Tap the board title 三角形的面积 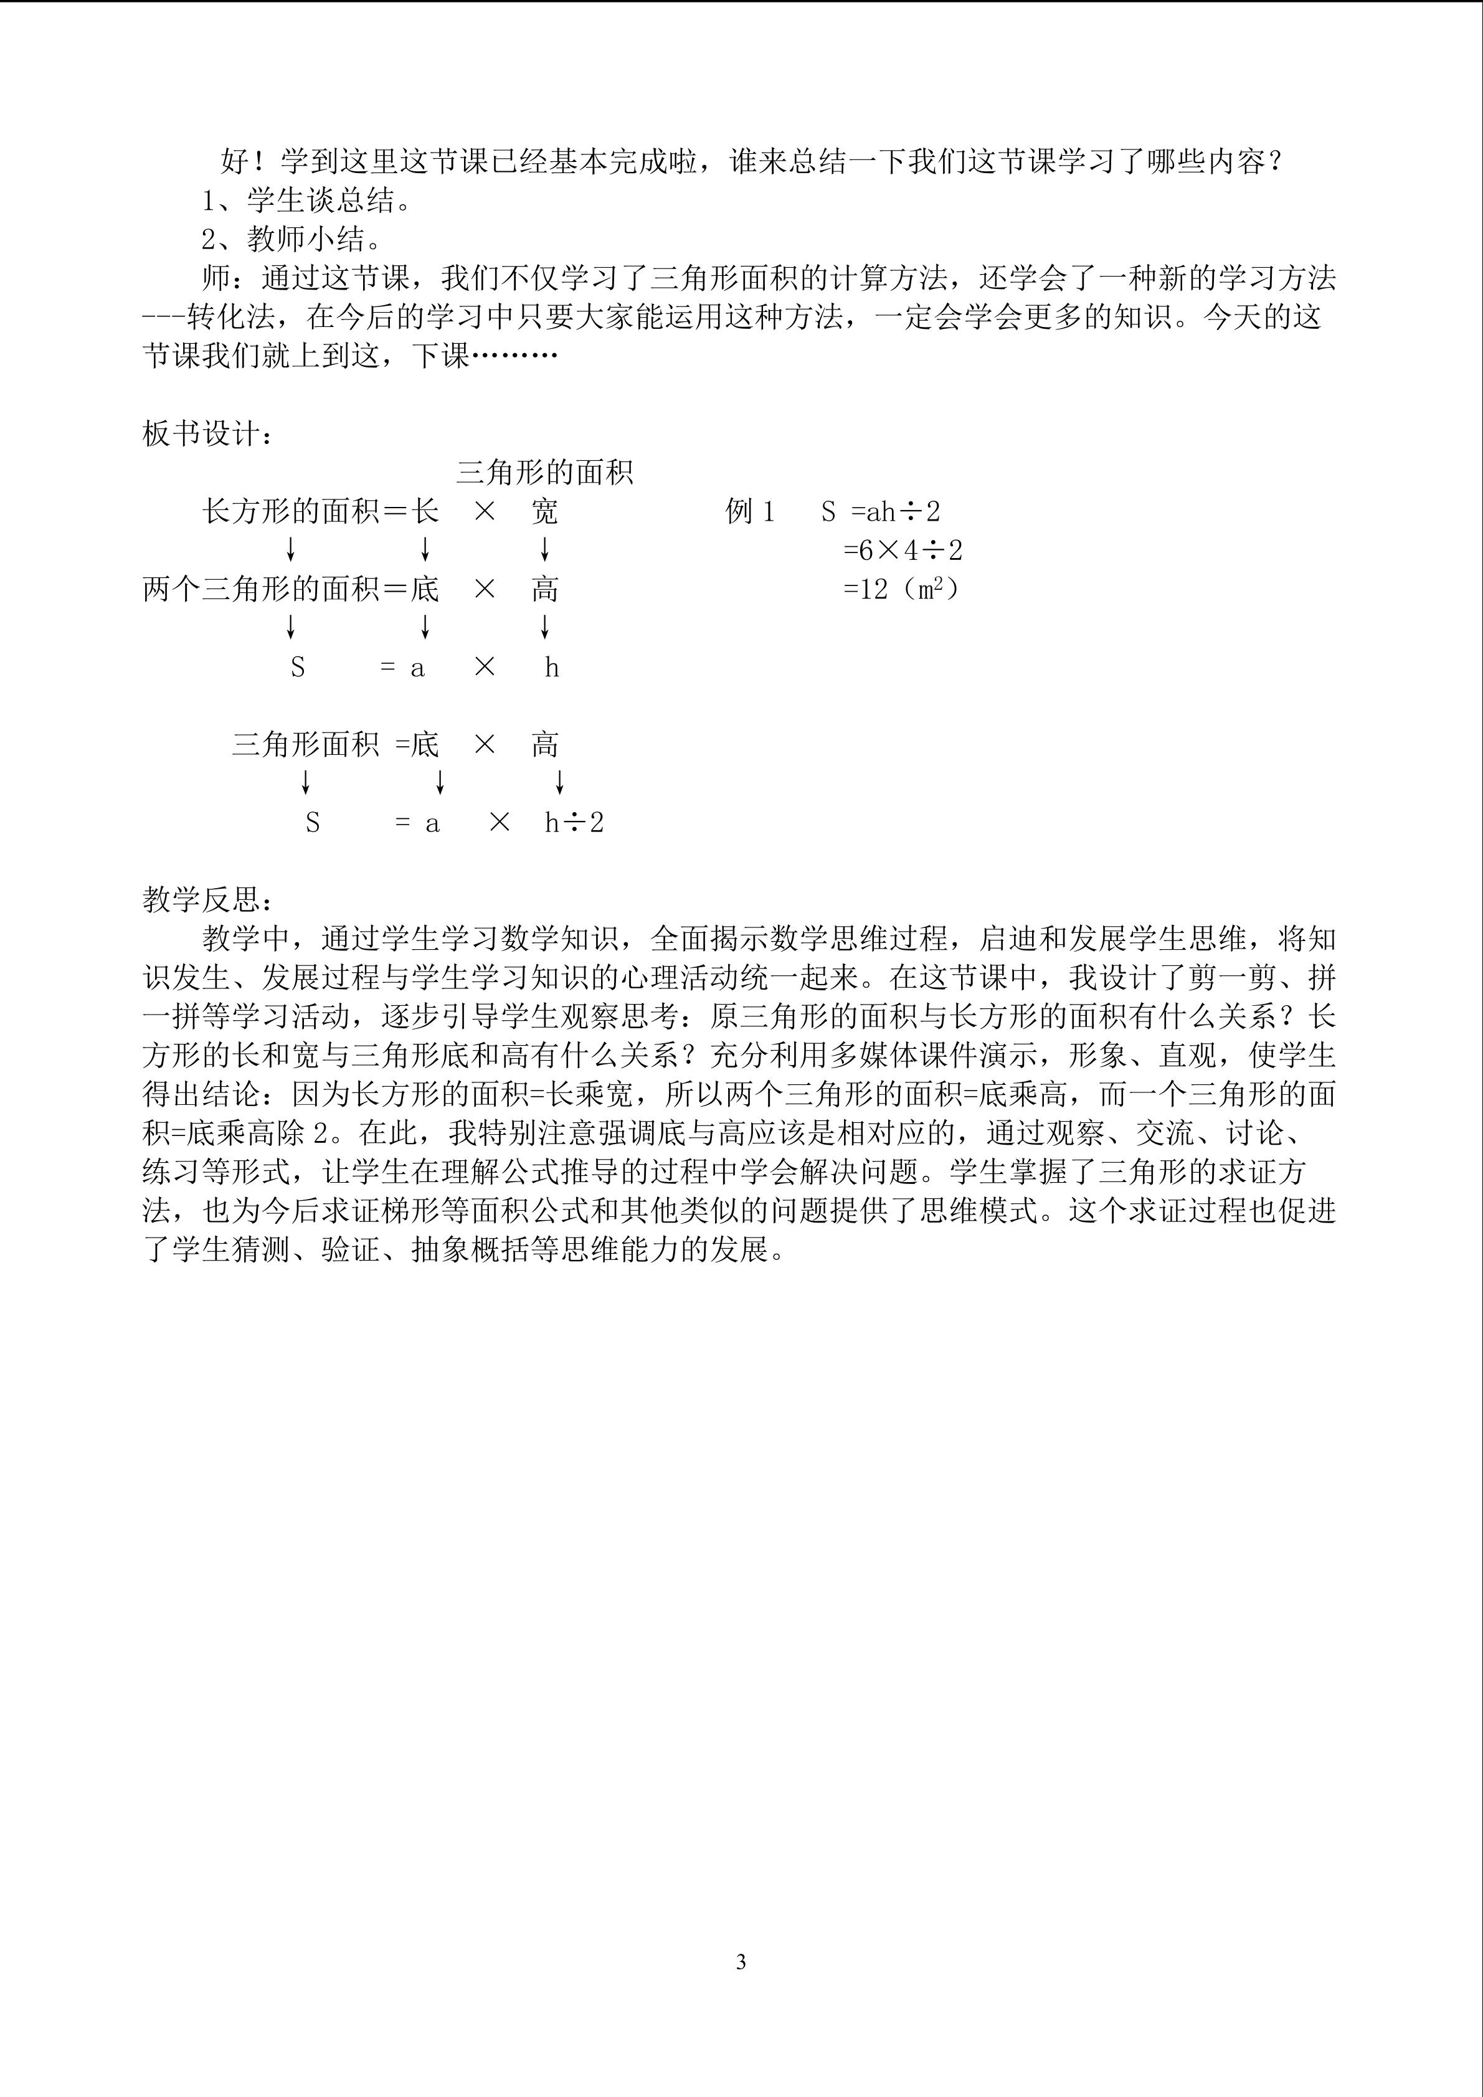pyautogui.click(x=544, y=472)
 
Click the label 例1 pyautogui.click(x=750, y=511)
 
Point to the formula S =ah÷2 pyautogui.click(x=880, y=511)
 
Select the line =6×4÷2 pyautogui.click(x=903, y=550)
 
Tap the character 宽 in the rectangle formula pyautogui.click(x=544, y=511)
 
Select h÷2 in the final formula pyautogui.click(x=574, y=823)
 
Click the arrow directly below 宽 pyautogui.click(x=544, y=549)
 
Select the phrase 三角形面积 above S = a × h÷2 pyautogui.click(x=305, y=746)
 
